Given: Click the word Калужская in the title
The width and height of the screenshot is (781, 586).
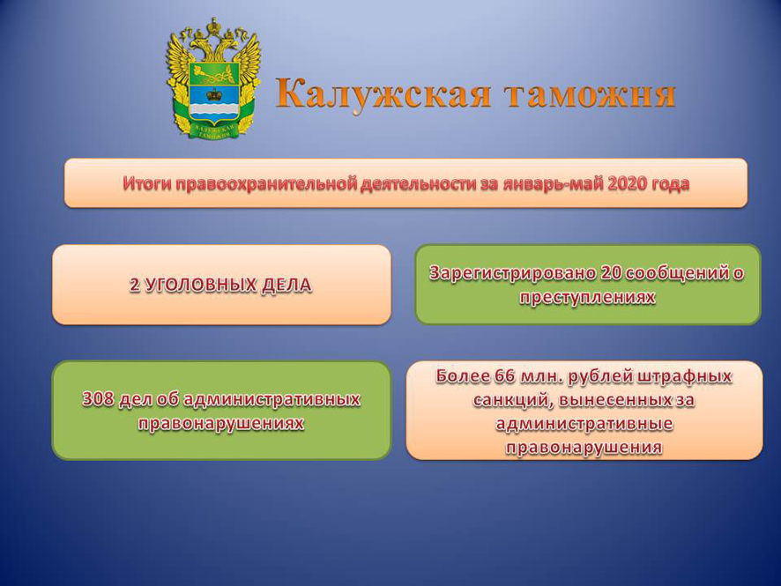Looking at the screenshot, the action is pos(383,93).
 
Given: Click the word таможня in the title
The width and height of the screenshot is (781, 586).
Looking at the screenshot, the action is pos(590,94).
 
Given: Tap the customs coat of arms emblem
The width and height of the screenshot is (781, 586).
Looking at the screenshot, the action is pos(213,78).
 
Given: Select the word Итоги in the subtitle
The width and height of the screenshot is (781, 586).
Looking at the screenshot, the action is pos(147,183).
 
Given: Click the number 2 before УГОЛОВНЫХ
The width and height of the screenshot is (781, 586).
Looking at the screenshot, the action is pos(135,285).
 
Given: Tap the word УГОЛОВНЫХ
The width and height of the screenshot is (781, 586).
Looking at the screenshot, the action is pos(200,285).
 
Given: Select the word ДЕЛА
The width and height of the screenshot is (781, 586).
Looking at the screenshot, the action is pos(286,286).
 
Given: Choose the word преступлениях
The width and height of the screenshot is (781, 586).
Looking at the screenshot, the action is pos(587,297).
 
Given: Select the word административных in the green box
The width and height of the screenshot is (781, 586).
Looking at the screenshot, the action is pos(272,399).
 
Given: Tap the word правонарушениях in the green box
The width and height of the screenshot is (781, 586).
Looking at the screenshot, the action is pos(220,424).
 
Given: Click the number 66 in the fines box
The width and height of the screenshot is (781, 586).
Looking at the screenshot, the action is pos(505,376).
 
